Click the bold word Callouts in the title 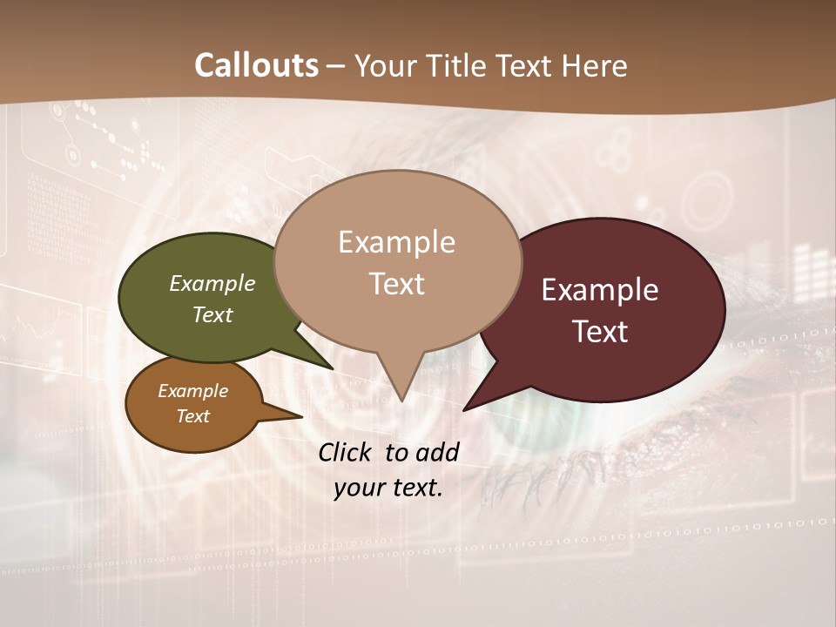coord(256,65)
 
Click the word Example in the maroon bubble coord(600,290)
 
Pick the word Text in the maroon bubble coord(600,332)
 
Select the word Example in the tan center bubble coord(396,241)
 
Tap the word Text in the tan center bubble coord(396,284)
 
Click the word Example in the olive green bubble coord(212,283)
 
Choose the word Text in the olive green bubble coord(212,314)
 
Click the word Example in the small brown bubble coord(192,391)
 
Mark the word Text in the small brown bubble coord(192,416)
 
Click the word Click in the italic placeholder coord(347,452)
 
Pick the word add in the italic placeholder coord(437,452)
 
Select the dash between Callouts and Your coord(336,66)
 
